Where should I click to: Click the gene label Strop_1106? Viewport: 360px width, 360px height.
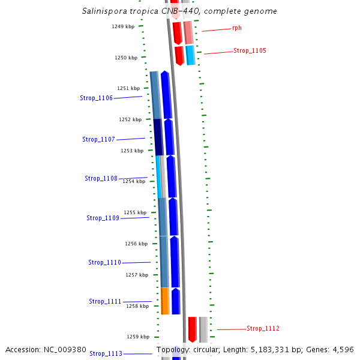[x=96, y=98]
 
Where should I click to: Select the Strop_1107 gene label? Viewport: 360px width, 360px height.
[x=98, y=139]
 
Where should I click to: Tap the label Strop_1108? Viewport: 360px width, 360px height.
[x=101, y=178]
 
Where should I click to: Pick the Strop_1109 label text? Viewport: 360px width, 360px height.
[x=103, y=218]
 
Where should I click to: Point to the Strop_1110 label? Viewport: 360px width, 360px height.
[x=104, y=262]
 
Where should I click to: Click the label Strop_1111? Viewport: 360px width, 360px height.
[x=105, y=301]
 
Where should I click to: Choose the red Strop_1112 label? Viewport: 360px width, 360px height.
[x=263, y=328]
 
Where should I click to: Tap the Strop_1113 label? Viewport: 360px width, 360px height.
[x=106, y=353]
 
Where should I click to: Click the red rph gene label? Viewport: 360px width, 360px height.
[x=237, y=28]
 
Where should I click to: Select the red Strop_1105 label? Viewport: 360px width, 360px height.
[x=250, y=51]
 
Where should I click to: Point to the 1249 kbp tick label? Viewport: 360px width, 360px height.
[x=123, y=26]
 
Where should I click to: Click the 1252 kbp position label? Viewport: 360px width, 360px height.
[x=130, y=119]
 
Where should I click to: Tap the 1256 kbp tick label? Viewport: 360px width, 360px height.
[x=136, y=244]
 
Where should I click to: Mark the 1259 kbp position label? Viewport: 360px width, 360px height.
[x=137, y=337]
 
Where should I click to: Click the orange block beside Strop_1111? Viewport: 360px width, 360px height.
[x=165, y=301]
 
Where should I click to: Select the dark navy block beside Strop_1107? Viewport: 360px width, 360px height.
[x=158, y=137]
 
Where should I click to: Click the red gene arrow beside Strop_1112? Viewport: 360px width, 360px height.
[x=193, y=329]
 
